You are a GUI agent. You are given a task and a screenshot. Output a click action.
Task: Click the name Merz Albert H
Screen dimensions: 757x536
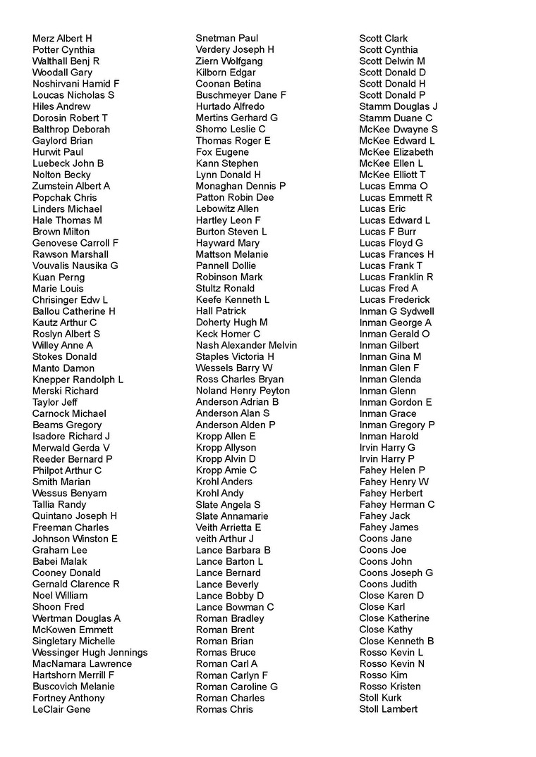coord(62,38)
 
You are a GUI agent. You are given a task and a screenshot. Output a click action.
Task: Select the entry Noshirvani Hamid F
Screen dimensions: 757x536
coord(75,84)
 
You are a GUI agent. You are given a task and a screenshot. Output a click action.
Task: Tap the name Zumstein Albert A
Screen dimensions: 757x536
coord(71,186)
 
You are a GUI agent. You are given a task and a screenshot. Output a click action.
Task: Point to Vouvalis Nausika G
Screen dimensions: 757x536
coord(75,265)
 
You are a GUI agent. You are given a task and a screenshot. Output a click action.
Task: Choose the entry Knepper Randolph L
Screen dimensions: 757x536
coord(78,380)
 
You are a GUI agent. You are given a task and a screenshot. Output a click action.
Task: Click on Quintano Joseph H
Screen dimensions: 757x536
coord(74,515)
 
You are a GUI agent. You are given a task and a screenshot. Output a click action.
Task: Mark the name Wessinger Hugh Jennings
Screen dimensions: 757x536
coord(90,652)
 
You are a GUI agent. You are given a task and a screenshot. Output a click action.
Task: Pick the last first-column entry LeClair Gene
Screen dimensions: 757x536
coord(61,709)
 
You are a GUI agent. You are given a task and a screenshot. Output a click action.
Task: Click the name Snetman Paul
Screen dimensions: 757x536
coord(226,38)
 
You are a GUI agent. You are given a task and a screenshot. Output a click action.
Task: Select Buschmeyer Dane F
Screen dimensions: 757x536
coord(240,95)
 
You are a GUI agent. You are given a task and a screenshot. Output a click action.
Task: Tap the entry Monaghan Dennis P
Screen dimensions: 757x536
coord(240,186)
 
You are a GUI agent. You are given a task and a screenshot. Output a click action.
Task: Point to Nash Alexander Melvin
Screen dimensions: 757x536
coord(246,345)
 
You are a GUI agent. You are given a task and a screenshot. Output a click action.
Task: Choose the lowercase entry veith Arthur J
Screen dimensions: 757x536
coord(224,539)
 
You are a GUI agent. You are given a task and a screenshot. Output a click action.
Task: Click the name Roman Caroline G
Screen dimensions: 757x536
coord(236,687)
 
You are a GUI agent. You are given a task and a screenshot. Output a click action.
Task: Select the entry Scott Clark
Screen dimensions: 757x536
coord(383,39)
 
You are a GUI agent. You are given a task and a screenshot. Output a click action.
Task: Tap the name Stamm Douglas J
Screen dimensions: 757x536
coord(398,106)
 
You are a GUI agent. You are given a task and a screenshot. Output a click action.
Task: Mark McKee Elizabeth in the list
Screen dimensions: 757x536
coord(396,152)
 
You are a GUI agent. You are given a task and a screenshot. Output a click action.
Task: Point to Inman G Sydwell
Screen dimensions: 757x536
coord(396,311)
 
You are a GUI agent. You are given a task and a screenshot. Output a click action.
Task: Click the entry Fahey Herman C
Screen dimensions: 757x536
coord(396,504)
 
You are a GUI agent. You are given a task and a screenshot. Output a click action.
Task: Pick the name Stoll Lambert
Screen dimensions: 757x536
coord(388,709)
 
